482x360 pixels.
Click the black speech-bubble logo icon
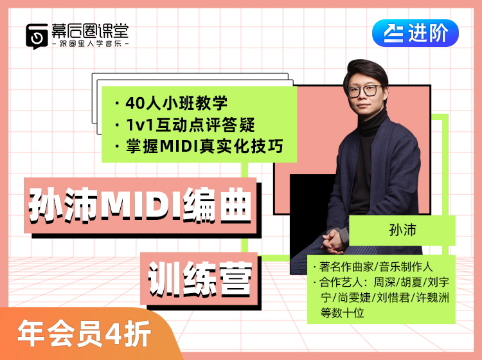(x=37, y=36)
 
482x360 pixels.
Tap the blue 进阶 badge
(x=415, y=33)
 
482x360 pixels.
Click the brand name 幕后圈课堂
(x=90, y=31)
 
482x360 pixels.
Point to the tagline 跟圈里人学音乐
(x=91, y=44)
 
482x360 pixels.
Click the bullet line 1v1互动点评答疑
(x=184, y=125)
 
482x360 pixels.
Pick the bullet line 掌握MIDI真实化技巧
(x=199, y=147)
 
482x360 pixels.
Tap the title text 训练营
(x=200, y=279)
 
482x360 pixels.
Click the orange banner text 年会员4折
(x=84, y=333)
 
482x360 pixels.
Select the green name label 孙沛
(x=402, y=230)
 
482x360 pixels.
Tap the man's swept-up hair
(x=368, y=71)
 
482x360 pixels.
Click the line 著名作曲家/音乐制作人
(x=376, y=267)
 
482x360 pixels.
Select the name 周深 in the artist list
(x=384, y=282)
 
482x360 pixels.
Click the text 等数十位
(x=342, y=313)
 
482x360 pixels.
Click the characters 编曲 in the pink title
(x=217, y=204)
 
